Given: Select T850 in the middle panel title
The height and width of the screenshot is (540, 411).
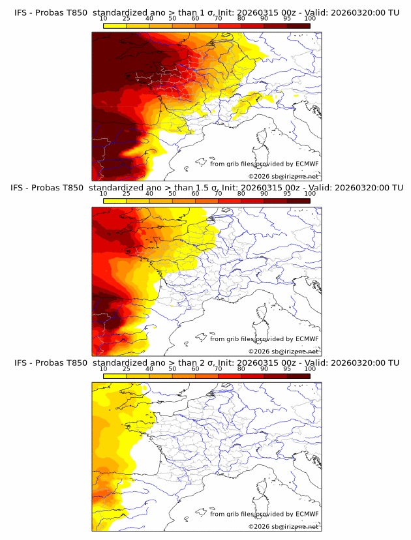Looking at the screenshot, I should (75, 188).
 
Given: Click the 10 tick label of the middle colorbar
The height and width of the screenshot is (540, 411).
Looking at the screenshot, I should (104, 194).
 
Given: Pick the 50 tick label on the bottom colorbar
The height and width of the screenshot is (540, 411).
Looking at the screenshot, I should (172, 368).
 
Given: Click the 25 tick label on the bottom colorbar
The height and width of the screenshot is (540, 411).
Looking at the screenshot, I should (127, 368).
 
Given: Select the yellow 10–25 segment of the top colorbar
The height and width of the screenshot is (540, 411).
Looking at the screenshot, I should (115, 25).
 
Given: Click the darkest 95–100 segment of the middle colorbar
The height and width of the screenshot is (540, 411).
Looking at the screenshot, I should (298, 200).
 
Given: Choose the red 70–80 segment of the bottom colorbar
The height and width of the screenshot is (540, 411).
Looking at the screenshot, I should (230, 375).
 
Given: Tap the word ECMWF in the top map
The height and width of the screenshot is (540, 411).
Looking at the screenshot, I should (307, 164).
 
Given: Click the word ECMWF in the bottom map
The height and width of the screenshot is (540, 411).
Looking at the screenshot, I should (307, 514).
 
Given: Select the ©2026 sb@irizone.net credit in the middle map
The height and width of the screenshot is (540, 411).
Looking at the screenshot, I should (283, 351).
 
